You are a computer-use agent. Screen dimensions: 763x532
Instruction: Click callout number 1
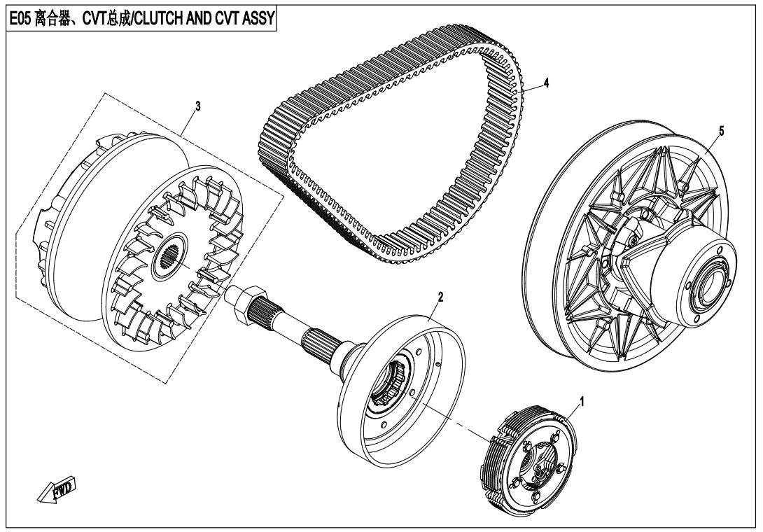coord(582,402)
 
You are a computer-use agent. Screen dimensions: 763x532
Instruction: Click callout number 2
coord(440,297)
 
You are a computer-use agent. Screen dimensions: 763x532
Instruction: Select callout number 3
coord(197,106)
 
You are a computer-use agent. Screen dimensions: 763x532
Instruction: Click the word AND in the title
coord(197,18)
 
